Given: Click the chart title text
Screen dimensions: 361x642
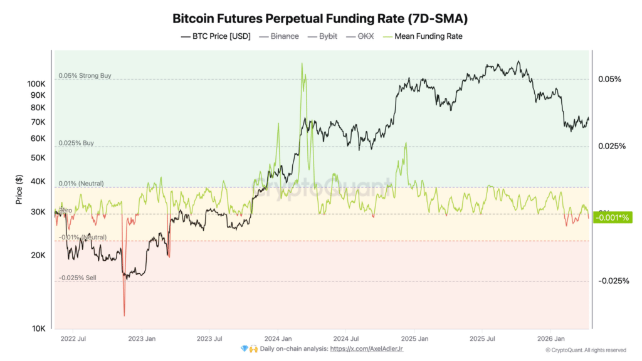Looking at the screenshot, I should tap(320, 18).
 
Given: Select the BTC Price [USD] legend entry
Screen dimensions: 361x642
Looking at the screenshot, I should tap(216, 36).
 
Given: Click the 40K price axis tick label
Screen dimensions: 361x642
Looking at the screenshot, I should tap(38, 182).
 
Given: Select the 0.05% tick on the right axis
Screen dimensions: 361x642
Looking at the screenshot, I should tap(609, 79).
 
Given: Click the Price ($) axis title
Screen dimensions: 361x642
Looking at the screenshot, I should tap(19, 188).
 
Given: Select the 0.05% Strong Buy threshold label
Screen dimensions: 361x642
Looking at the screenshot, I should tap(85, 76).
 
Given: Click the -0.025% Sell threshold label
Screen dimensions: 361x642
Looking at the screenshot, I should tap(78, 278).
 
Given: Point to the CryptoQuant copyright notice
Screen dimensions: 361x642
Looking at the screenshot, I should tap(586, 350).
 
